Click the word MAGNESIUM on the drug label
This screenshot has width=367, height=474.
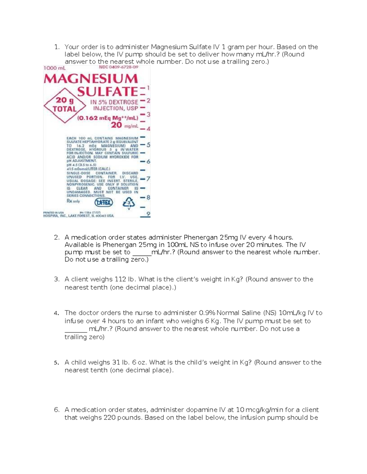coord(91,79)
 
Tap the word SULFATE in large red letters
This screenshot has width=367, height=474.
coord(108,92)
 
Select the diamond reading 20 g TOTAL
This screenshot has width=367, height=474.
coord(65,105)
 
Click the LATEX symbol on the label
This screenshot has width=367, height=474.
coord(104,202)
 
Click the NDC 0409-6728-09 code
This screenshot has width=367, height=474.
coord(118,67)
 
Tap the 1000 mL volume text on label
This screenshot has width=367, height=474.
coord(54,68)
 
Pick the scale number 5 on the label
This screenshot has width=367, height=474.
coord(148,145)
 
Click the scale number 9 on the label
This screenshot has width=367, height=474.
coord(148,214)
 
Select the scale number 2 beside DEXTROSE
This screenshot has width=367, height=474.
coord(148,100)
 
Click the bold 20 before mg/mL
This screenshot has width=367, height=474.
coord(116,125)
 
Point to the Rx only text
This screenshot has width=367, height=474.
coord(73,201)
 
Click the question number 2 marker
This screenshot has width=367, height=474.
coord(56,237)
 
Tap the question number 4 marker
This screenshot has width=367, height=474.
coord(56,313)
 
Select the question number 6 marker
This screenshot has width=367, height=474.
coord(56,410)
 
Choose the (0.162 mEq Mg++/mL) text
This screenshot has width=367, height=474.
coord(108,118)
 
